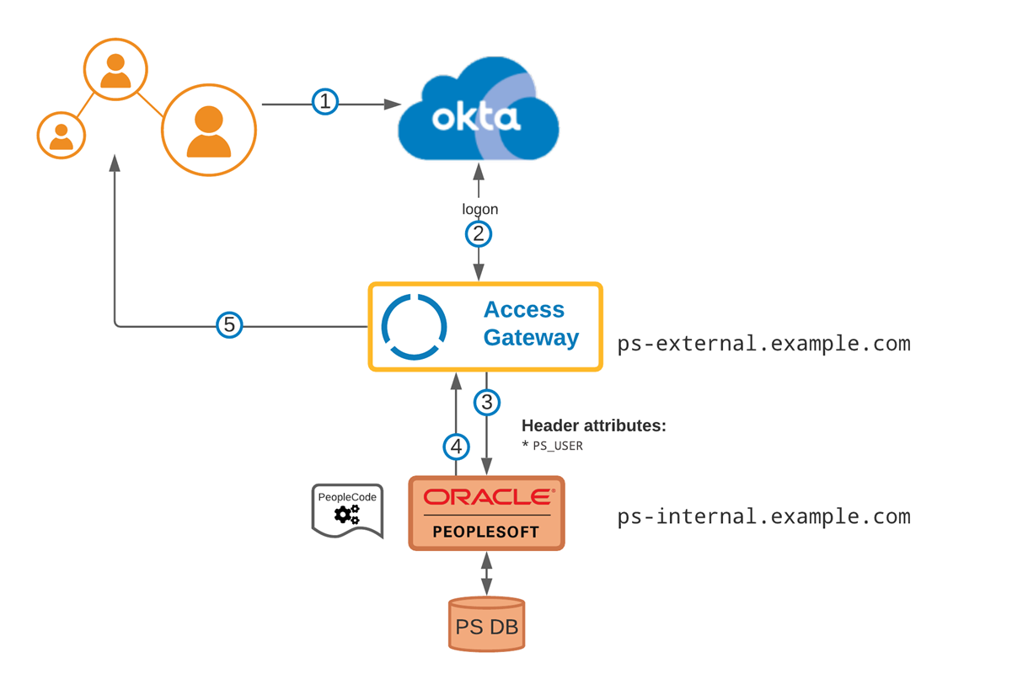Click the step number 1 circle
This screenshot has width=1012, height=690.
point(325,103)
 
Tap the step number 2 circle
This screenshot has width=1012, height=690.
point(479,233)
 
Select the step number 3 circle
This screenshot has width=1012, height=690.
point(487,402)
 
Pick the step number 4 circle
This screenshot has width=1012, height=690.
point(456,446)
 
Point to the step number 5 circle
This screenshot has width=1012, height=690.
point(229,324)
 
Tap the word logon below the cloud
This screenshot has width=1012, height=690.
point(479,209)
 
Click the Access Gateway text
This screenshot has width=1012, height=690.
point(531,324)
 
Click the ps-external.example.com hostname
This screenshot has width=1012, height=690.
point(763,344)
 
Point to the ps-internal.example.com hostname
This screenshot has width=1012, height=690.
point(763,516)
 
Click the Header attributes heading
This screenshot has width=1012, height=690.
point(594,425)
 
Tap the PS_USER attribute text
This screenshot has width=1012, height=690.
point(557,446)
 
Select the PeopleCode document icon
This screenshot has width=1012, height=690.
point(347,510)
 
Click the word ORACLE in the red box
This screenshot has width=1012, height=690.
point(487,498)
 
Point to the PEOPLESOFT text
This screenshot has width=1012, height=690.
point(486,532)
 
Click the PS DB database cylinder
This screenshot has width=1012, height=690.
point(486,624)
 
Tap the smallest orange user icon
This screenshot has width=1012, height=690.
point(62,135)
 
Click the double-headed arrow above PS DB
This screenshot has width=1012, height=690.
point(486,574)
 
